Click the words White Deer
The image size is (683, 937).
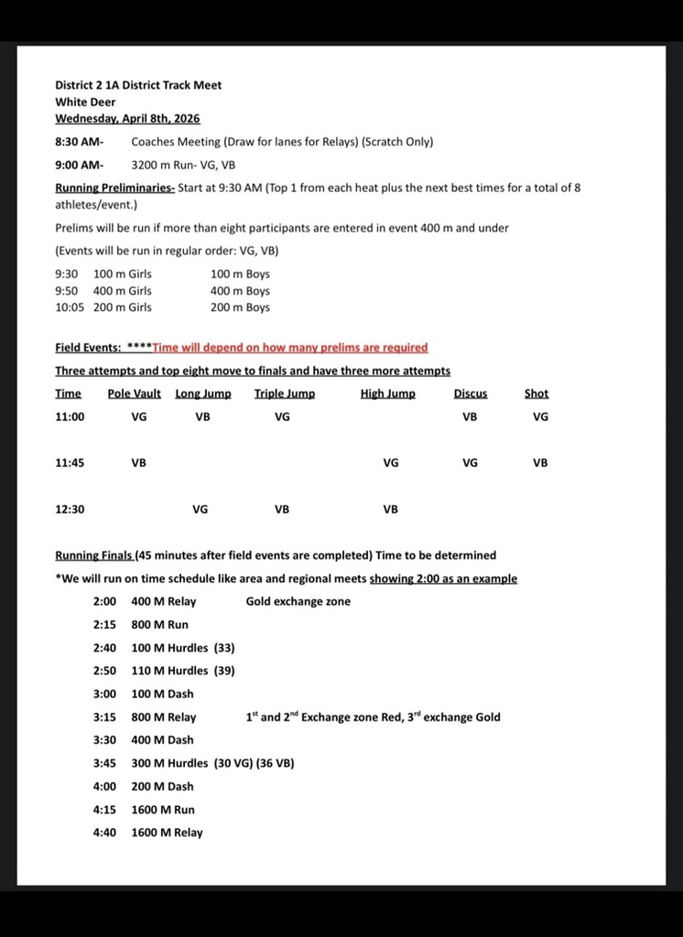(x=85, y=102)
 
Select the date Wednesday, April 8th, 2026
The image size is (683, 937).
(x=127, y=118)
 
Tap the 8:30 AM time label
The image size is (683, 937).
(x=79, y=142)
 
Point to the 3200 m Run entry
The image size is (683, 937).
(x=183, y=166)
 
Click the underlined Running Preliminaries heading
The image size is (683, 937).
(x=114, y=188)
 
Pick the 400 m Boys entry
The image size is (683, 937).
(x=240, y=291)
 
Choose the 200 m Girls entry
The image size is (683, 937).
(x=123, y=307)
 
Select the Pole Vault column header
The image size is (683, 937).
(x=134, y=393)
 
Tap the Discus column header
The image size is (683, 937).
(x=470, y=393)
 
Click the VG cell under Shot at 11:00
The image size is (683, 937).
(x=540, y=416)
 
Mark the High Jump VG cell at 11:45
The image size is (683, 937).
(x=390, y=463)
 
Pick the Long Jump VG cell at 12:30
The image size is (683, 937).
(x=200, y=510)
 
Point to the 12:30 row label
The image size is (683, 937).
(x=70, y=510)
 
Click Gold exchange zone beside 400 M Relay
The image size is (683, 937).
(x=298, y=601)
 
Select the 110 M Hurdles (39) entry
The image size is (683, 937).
(x=183, y=671)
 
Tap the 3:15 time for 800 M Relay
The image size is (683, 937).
(x=104, y=717)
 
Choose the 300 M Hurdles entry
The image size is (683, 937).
(x=212, y=763)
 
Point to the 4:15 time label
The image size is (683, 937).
(x=104, y=810)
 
